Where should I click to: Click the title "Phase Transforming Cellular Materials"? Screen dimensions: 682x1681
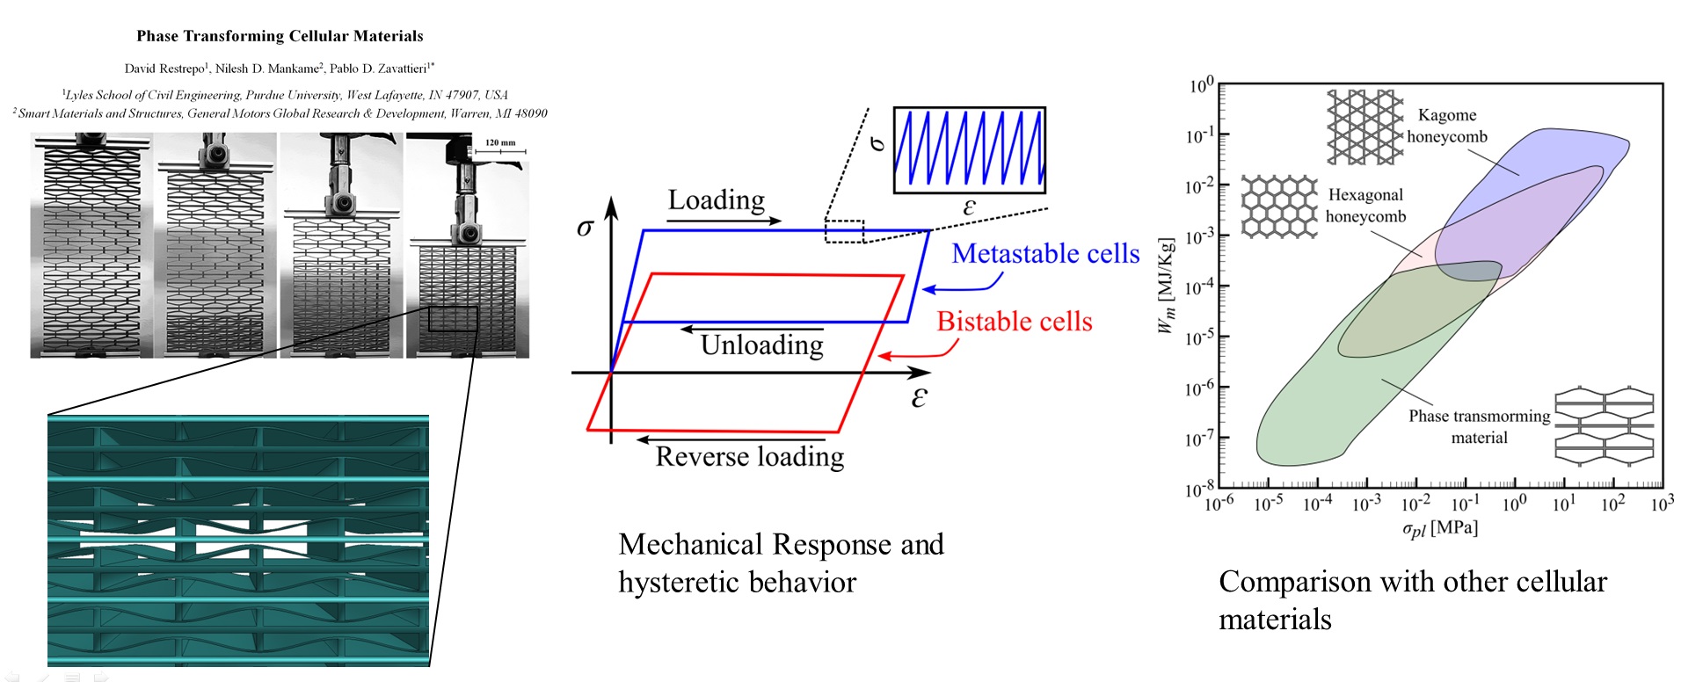tap(280, 36)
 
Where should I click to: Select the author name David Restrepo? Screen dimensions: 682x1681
tap(164, 69)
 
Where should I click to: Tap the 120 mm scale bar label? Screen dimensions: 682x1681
tap(500, 142)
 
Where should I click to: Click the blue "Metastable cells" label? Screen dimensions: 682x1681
tap(1045, 254)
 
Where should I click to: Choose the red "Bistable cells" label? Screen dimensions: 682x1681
tap(1015, 322)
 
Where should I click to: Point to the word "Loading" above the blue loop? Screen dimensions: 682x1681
tap(716, 200)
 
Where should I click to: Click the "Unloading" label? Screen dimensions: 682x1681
tap(761, 345)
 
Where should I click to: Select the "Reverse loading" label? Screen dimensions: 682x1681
tap(750, 457)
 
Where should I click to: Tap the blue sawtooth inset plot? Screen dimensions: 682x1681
tap(969, 149)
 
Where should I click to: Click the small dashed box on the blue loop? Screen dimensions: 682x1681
tap(844, 231)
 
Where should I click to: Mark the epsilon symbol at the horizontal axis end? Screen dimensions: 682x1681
tap(919, 398)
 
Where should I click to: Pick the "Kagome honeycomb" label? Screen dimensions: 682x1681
tap(1447, 126)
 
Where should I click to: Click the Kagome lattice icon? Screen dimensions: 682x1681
tap(1364, 127)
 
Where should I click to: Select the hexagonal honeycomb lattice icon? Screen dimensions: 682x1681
tap(1279, 207)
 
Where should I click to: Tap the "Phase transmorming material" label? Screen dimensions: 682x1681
tap(1479, 426)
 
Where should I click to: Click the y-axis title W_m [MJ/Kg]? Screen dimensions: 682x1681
tap(1166, 286)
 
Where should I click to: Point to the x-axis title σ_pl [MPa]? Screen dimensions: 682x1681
tap(1439, 528)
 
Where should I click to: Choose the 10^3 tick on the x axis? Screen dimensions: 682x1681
tap(1662, 504)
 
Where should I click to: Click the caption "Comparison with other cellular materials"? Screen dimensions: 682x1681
tap(1412, 600)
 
